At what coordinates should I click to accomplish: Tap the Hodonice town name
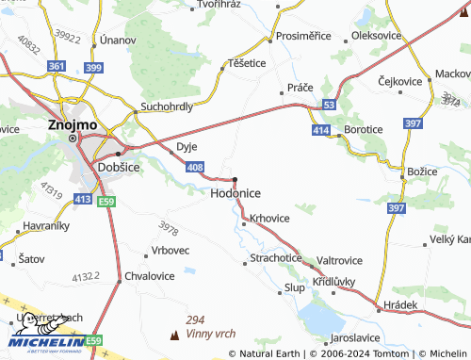235,192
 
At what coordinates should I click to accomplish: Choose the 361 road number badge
57,67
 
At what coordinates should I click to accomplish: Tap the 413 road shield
82,200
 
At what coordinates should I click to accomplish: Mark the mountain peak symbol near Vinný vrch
173,335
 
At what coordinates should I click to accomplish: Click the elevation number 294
195,320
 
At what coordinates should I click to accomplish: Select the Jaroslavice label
359,336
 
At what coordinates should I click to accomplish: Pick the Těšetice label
247,62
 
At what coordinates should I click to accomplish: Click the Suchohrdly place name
167,106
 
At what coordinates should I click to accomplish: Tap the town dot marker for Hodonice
235,179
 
